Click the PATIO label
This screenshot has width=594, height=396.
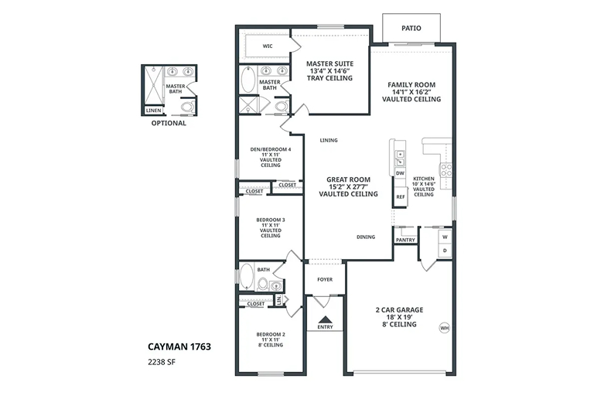click(x=411, y=28)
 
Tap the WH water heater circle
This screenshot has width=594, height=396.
click(x=445, y=328)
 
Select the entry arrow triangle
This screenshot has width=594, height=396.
click(x=325, y=319)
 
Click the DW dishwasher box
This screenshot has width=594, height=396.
click(x=400, y=173)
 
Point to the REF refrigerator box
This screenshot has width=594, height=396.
click(x=401, y=196)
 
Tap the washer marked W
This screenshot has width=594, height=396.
click(x=445, y=237)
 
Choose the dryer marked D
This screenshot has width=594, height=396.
click(x=445, y=251)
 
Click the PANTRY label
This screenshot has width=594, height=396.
click(x=405, y=241)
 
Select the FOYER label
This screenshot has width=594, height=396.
click(x=325, y=280)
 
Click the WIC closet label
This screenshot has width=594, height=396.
click(x=268, y=46)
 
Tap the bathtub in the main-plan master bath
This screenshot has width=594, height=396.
click(x=248, y=79)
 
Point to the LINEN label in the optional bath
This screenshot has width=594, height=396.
click(x=154, y=111)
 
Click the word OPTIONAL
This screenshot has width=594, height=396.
click(x=169, y=123)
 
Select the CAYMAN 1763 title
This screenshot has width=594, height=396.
click(x=179, y=346)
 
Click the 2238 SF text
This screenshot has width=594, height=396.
click(x=162, y=362)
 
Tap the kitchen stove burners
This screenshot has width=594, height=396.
click(x=445, y=169)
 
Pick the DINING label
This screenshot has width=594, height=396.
click(x=366, y=237)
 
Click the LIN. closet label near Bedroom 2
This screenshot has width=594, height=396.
click(x=279, y=300)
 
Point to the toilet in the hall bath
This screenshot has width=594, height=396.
click(x=262, y=283)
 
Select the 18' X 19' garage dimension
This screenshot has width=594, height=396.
click(x=399, y=317)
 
